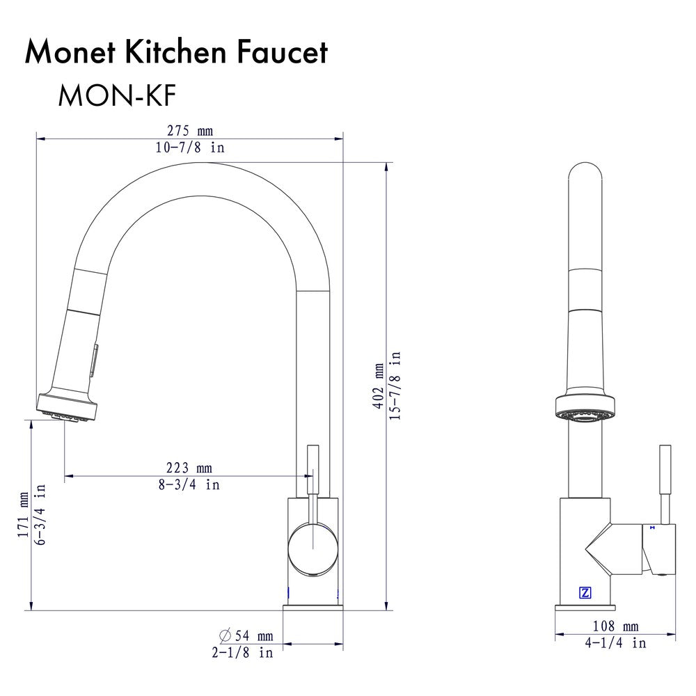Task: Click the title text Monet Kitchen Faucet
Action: point(176,53)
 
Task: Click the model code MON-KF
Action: point(112,96)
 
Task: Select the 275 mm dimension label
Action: point(189,131)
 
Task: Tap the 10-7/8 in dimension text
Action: point(189,148)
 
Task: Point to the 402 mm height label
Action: point(379,386)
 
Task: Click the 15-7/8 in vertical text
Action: point(395,386)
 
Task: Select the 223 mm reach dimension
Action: point(189,468)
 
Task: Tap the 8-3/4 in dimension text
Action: point(189,484)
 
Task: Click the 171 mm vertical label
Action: point(24,515)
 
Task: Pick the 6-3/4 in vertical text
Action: point(40,515)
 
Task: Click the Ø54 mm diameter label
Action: point(246,635)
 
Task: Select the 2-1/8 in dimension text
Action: point(242,653)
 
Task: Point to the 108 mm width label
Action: point(615,626)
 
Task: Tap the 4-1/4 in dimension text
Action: point(615,643)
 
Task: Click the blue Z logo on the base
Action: point(585,593)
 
